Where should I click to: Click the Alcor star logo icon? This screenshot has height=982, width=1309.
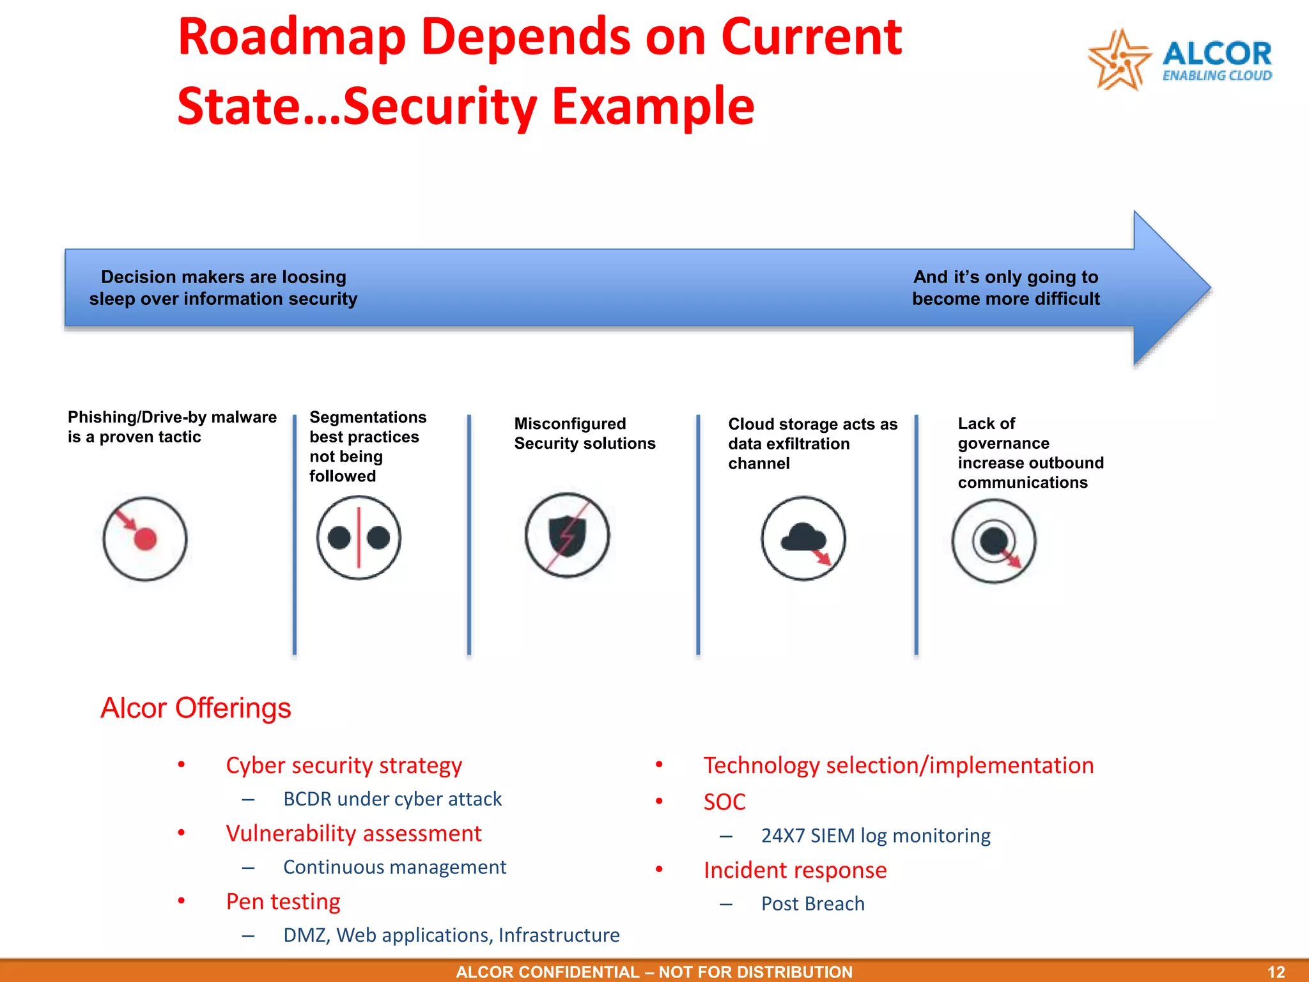pos(1119,59)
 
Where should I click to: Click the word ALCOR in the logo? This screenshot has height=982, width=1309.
pos(1217,54)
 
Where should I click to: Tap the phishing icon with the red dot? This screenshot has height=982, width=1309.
pos(145,539)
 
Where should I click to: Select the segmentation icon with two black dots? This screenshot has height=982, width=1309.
pos(359,538)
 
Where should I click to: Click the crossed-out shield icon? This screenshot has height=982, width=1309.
pos(567,535)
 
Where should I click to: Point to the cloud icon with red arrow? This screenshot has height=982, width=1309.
pos(803,538)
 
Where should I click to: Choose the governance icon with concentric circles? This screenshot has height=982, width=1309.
pos(993,541)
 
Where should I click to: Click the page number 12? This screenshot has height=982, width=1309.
pos(1276,972)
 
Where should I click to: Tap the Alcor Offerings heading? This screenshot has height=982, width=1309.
pos(196,708)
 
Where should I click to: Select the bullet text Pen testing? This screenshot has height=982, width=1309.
pos(283,901)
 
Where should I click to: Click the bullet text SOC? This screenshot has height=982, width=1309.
pos(724,802)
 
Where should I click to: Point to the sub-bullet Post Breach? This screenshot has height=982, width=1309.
pos(812,904)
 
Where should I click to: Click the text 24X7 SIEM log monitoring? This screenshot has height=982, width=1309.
pos(876,836)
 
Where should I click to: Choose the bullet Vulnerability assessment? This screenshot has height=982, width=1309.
pos(353,834)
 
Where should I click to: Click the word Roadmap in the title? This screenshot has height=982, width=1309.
pos(291,37)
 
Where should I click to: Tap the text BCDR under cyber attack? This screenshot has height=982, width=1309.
pos(392,799)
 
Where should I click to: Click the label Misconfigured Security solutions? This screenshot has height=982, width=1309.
pos(584,433)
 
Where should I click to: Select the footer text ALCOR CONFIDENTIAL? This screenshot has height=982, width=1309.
pos(547,972)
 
